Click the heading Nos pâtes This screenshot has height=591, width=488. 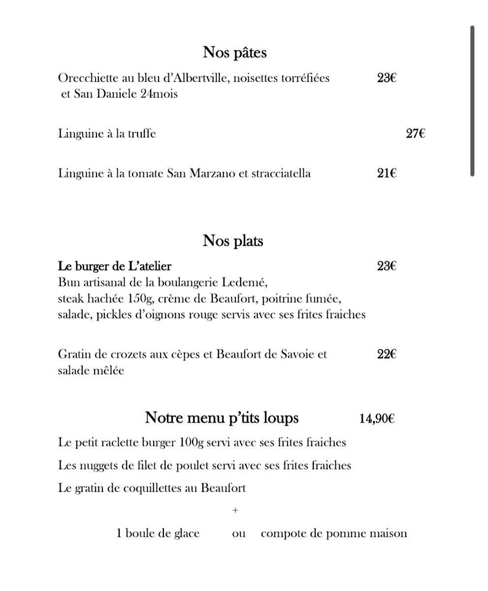[234, 52]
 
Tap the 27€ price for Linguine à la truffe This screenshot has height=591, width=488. [415, 133]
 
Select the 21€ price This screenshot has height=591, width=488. [387, 173]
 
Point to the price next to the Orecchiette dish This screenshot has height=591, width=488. [387, 78]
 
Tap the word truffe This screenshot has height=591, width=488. [142, 133]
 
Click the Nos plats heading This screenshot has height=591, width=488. [233, 241]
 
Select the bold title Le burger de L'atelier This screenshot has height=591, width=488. [115, 266]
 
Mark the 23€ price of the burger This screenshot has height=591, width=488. [387, 266]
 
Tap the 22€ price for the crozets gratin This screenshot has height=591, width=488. [387, 354]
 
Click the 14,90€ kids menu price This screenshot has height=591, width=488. [377, 419]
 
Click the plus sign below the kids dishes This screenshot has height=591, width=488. [235, 510]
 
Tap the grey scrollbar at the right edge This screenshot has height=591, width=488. [472, 101]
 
